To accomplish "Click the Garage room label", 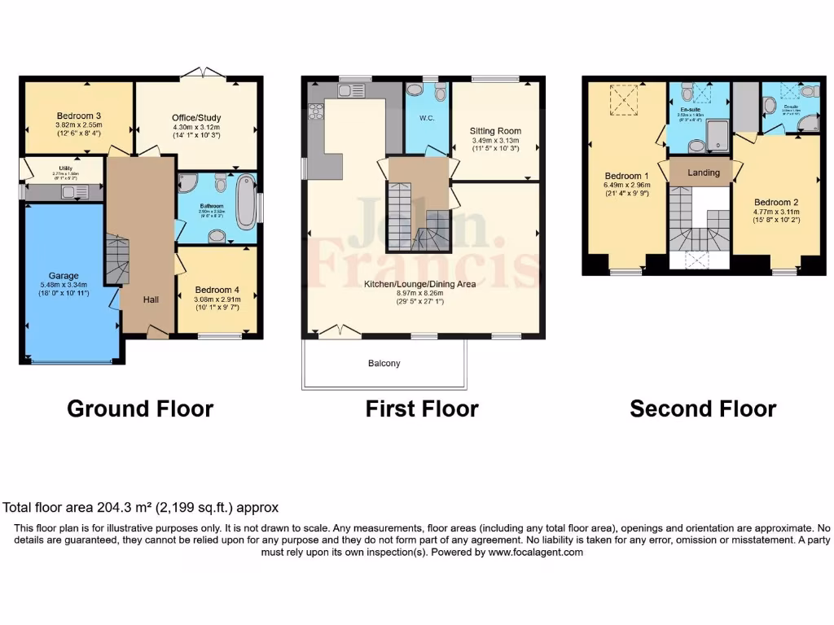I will (x=63, y=275).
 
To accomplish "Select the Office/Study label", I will (x=196, y=118).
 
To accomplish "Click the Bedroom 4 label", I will (x=216, y=290).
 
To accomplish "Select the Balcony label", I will (x=384, y=363).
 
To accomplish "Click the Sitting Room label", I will (x=495, y=131).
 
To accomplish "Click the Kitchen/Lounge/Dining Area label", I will (x=420, y=284).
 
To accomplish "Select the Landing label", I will (x=704, y=173).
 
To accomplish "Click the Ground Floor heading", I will (x=140, y=409).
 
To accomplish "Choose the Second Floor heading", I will (x=703, y=409).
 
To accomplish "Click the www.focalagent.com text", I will (x=535, y=552).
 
